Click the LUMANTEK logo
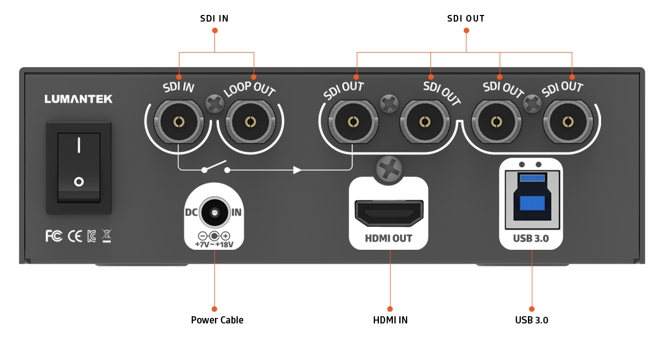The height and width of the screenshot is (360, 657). (x=78, y=99)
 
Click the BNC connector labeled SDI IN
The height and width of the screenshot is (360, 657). (x=178, y=122)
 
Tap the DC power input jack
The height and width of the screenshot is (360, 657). (x=214, y=213)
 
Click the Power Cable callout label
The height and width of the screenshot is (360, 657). (x=217, y=320)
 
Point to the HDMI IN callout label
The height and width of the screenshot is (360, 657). (x=390, y=320)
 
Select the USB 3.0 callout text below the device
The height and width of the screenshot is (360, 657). (x=531, y=320)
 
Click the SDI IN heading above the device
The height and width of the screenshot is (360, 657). (x=214, y=18)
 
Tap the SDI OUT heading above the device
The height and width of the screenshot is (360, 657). (x=466, y=18)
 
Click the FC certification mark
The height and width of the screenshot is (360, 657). (x=54, y=236)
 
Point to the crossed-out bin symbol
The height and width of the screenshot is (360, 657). (x=106, y=236)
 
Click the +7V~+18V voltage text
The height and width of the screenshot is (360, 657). (x=214, y=244)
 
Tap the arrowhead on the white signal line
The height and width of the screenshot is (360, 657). (x=297, y=169)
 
